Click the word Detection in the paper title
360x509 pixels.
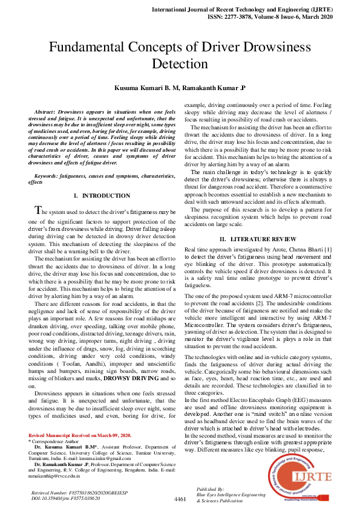pos(179,64)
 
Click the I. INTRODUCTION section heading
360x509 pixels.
pos(102,196)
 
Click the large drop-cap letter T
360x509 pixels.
pos(38,211)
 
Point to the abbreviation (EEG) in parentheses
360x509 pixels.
pos(288,400)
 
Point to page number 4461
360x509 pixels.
pos(180,500)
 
